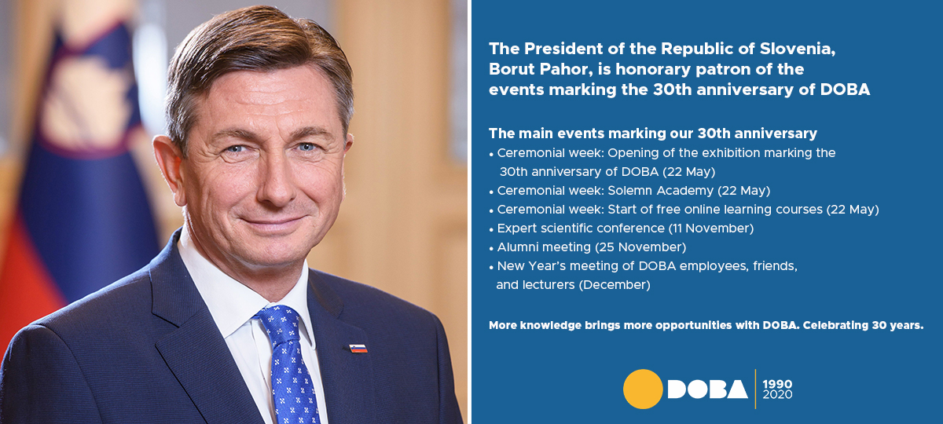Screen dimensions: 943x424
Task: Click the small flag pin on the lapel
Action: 358,349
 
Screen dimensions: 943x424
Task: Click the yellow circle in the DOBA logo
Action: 643,389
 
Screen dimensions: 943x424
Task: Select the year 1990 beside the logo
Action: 777,384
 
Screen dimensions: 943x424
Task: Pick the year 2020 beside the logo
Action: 777,394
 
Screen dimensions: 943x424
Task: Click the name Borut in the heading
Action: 512,69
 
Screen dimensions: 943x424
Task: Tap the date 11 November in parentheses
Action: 711,228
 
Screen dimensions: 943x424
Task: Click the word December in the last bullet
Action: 615,285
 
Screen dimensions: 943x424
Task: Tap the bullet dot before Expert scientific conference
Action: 491,230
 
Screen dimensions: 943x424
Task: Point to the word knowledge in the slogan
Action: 551,325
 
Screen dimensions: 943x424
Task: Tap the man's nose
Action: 276,181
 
